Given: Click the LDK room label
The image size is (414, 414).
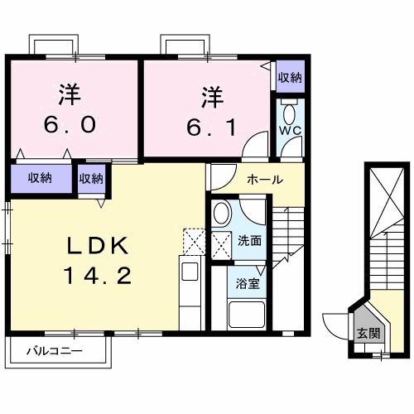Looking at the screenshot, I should pyautogui.click(x=96, y=245).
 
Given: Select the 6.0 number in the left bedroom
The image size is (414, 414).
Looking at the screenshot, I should pyautogui.click(x=71, y=123).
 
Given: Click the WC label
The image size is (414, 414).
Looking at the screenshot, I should pyautogui.click(x=289, y=131).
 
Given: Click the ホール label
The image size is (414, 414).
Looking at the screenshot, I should pyautogui.click(x=265, y=179).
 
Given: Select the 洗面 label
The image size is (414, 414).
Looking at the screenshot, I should pyautogui.click(x=249, y=241).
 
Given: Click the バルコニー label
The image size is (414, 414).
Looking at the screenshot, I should pyautogui.click(x=54, y=351).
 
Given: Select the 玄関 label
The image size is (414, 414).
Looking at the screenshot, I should pyautogui.click(x=368, y=334).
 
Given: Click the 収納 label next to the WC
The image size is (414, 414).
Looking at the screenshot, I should pyautogui.click(x=289, y=78).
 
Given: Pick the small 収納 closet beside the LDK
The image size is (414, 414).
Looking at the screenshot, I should pyautogui.click(x=92, y=177).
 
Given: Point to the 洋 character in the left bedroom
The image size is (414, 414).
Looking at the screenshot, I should pyautogui.click(x=71, y=94).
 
